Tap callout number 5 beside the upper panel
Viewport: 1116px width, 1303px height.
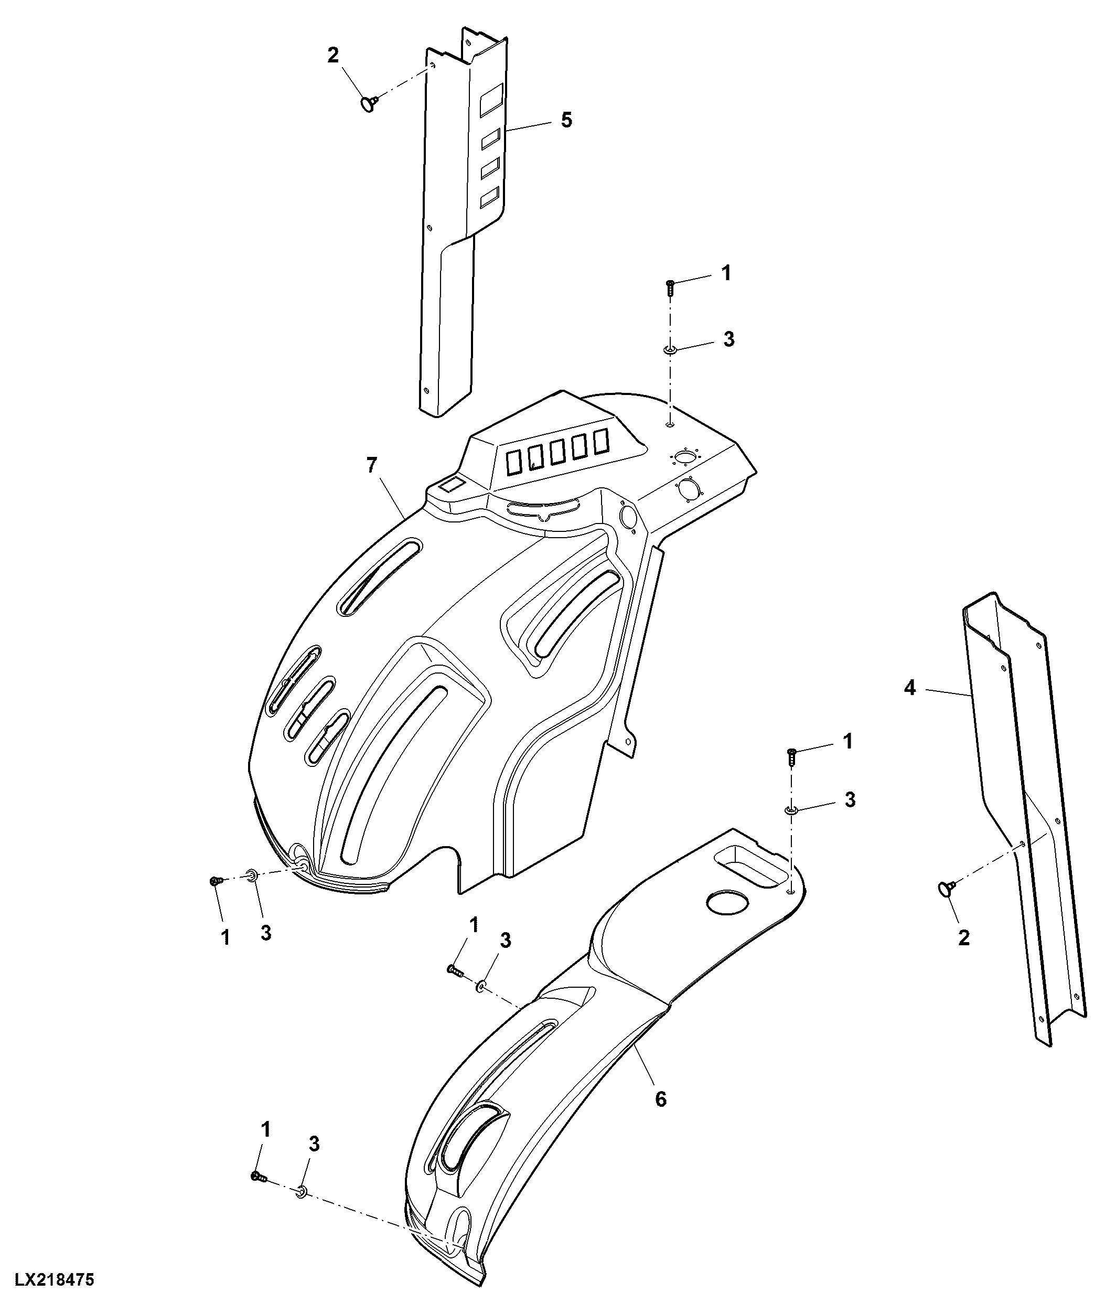coord(566,120)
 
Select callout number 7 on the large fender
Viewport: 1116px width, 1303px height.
coord(372,466)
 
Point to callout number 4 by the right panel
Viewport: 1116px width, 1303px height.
coord(910,688)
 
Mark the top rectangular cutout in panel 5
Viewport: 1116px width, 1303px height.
coord(492,100)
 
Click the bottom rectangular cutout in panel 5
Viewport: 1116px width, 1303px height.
coord(490,197)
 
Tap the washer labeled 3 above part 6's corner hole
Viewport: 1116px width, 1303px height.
coord(791,810)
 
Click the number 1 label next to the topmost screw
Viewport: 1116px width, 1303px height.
coord(726,273)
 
